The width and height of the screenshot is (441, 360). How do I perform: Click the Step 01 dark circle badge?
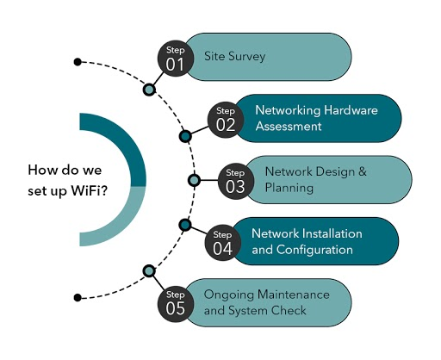click(176, 59)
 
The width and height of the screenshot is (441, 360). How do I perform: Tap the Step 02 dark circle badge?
click(226, 120)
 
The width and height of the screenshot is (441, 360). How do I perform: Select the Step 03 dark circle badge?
click(236, 182)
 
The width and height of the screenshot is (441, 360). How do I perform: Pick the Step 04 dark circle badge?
click(223, 243)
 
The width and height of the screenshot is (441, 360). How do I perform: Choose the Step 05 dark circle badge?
click(176, 304)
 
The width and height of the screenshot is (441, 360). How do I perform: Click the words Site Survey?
click(234, 56)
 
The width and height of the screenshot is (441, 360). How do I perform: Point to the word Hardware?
click(351, 110)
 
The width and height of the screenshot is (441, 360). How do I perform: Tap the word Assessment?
click(289, 127)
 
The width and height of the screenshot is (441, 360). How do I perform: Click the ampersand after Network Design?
click(363, 171)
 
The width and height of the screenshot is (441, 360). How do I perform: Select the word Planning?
click(289, 189)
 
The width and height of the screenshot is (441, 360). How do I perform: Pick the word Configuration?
click(314, 250)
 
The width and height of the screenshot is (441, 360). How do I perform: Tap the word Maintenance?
click(294, 295)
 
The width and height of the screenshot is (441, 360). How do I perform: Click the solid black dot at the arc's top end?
click(78, 62)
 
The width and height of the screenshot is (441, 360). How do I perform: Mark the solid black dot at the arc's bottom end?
click(78, 298)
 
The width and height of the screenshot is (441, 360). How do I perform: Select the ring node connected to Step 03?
click(194, 180)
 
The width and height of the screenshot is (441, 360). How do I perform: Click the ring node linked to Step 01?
click(149, 90)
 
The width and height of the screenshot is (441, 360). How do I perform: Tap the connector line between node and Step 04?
click(199, 230)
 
